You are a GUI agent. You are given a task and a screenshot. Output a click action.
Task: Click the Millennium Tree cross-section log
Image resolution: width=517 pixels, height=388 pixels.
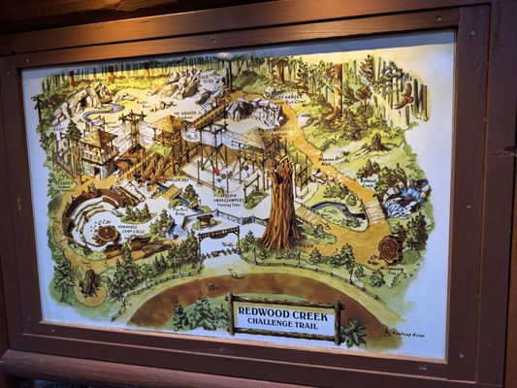click(x=393, y=249)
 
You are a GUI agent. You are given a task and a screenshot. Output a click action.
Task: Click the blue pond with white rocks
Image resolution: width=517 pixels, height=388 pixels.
click(x=405, y=199)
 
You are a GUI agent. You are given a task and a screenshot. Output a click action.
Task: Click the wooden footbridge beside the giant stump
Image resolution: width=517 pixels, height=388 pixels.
click(x=311, y=216)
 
